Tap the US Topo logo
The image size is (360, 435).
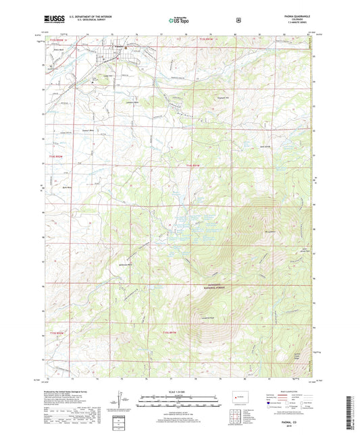coord(180,21)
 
